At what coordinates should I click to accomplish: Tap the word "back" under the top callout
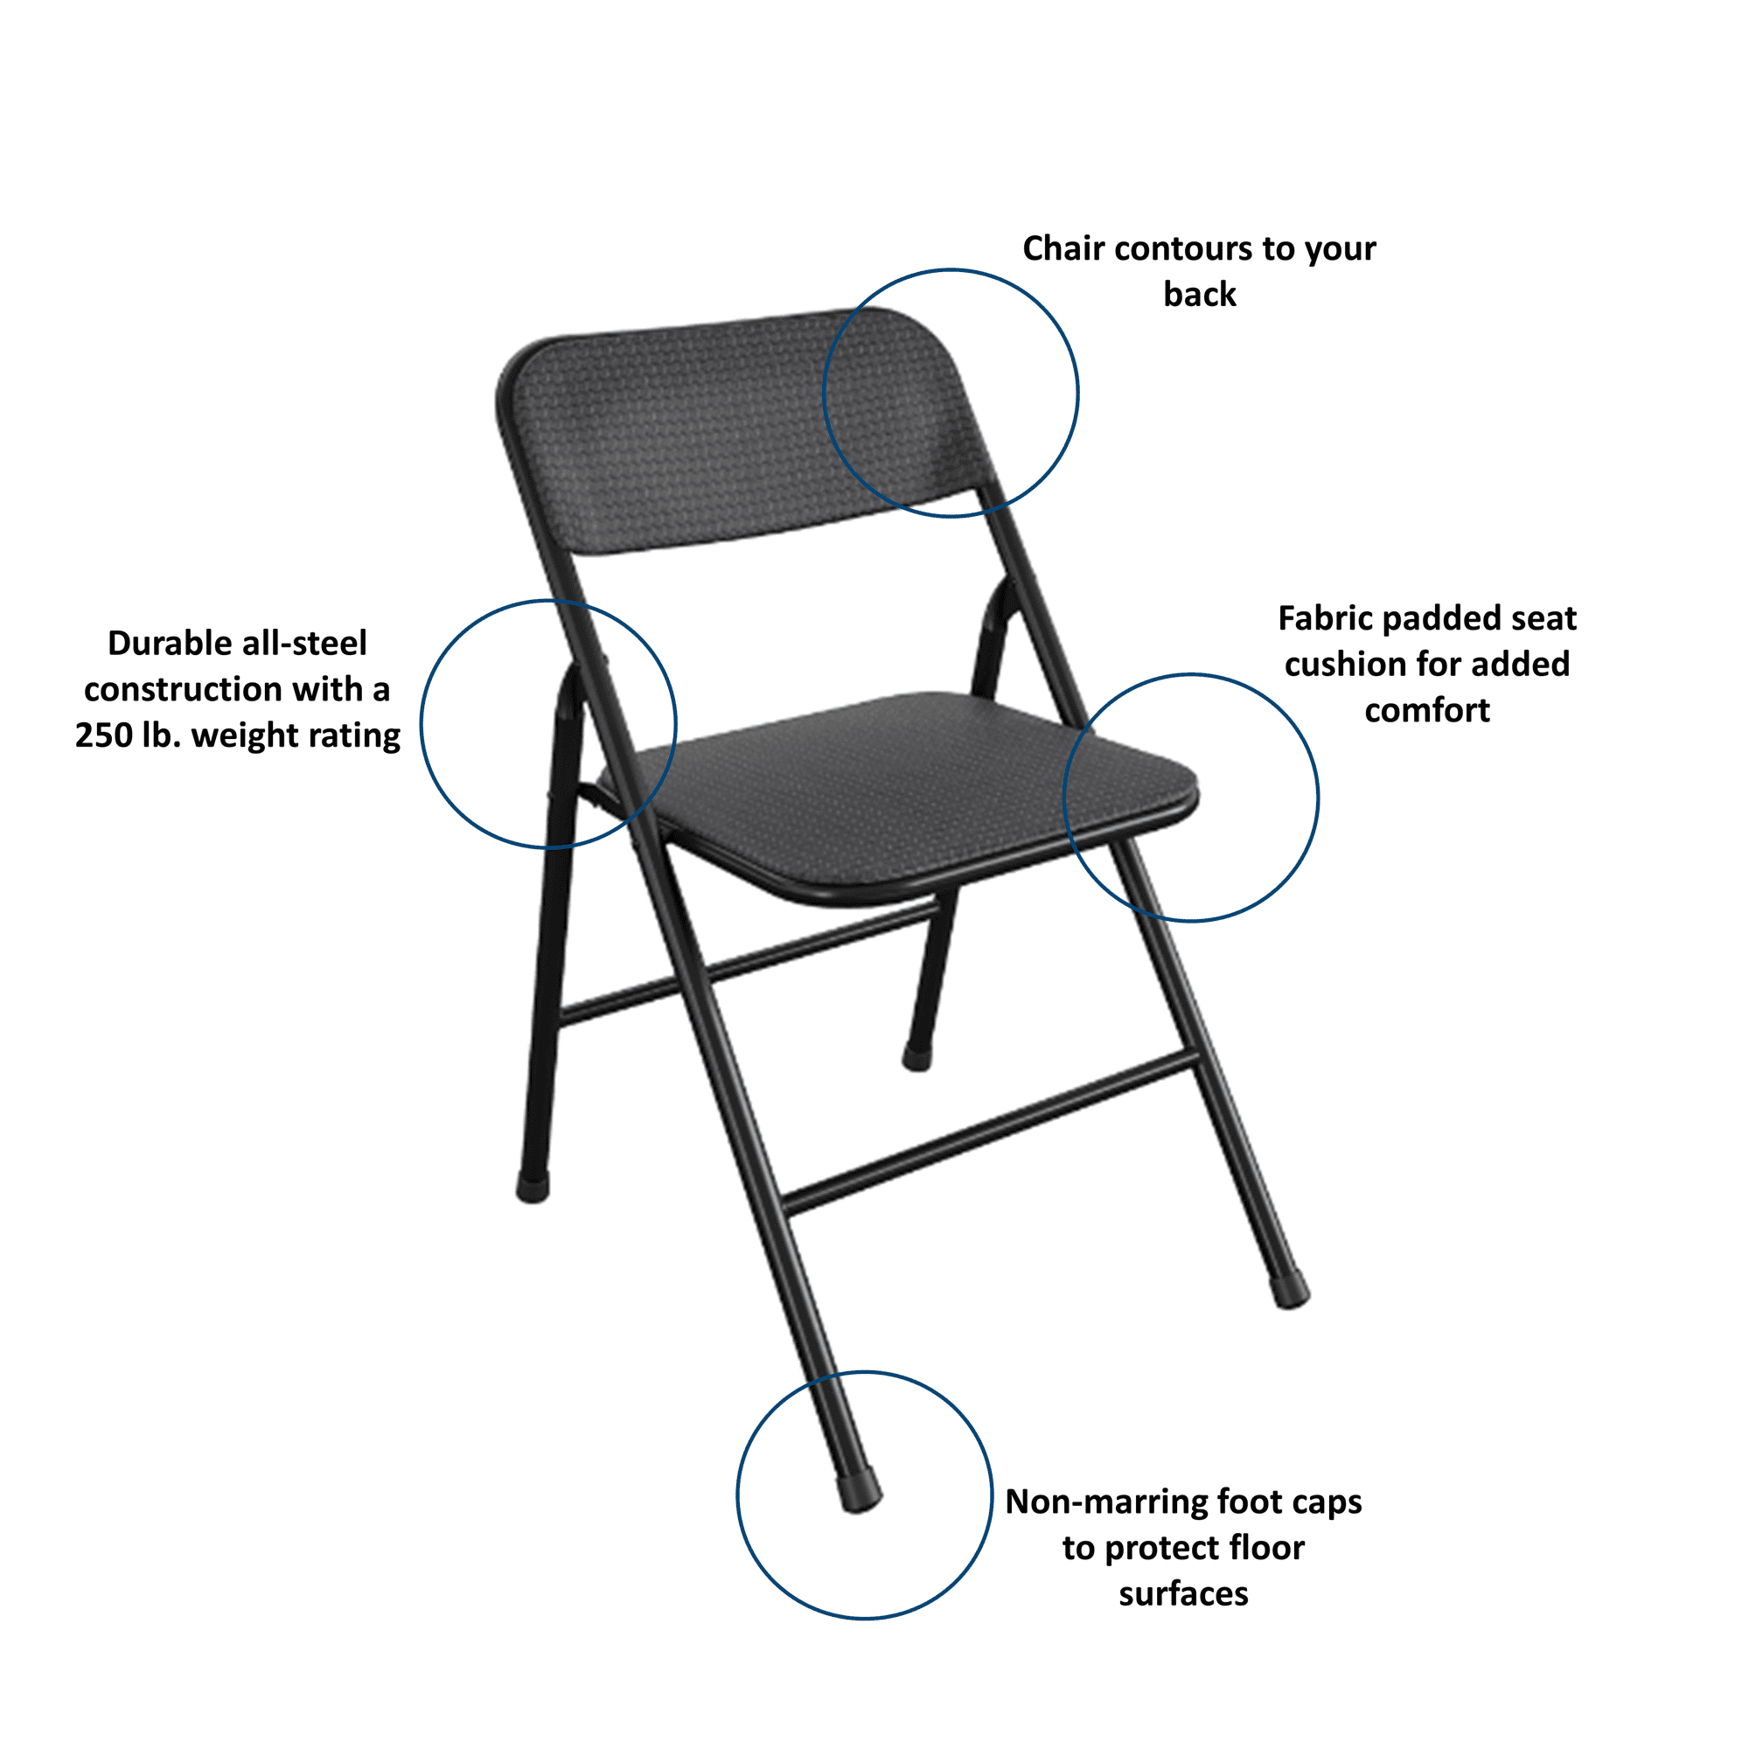coord(1200,294)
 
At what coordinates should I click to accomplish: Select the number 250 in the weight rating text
coord(104,735)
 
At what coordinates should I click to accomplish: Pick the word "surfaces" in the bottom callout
coord(1183,1594)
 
